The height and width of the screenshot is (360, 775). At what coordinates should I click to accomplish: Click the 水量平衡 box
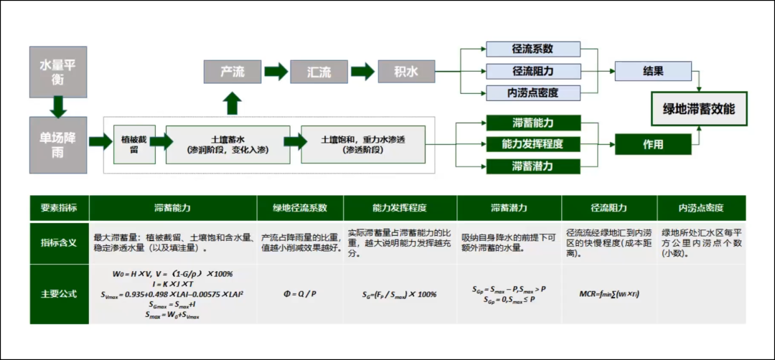(x=58, y=72)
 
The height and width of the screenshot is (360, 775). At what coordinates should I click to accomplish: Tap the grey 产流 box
(x=232, y=72)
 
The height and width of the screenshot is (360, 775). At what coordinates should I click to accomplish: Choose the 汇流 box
(x=319, y=72)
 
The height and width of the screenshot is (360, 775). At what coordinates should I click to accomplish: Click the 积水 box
(x=406, y=72)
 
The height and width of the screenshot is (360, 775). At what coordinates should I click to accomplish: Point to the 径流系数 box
(x=533, y=49)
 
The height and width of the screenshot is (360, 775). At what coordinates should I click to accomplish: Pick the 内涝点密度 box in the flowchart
(x=533, y=93)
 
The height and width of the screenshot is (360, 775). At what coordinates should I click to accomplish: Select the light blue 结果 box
(x=653, y=72)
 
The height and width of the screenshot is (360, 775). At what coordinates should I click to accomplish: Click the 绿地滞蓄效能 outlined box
(x=699, y=110)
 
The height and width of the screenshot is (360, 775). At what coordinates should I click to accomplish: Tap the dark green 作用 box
(x=653, y=144)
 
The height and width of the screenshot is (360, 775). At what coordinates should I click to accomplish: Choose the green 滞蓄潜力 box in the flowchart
(x=533, y=166)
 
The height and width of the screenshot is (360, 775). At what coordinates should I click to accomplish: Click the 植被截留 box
(x=134, y=144)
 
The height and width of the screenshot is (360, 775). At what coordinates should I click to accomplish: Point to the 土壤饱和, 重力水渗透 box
(x=363, y=144)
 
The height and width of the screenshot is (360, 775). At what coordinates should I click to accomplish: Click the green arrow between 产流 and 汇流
(x=276, y=72)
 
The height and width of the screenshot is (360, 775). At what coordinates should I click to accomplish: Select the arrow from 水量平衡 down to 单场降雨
(x=58, y=107)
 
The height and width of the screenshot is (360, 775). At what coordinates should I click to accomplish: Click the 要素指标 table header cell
(x=59, y=208)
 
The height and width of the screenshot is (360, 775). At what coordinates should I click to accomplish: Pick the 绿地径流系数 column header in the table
(x=300, y=208)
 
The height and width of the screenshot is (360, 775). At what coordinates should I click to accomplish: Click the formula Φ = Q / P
(x=300, y=293)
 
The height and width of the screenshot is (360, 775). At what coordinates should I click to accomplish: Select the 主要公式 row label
(x=59, y=293)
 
